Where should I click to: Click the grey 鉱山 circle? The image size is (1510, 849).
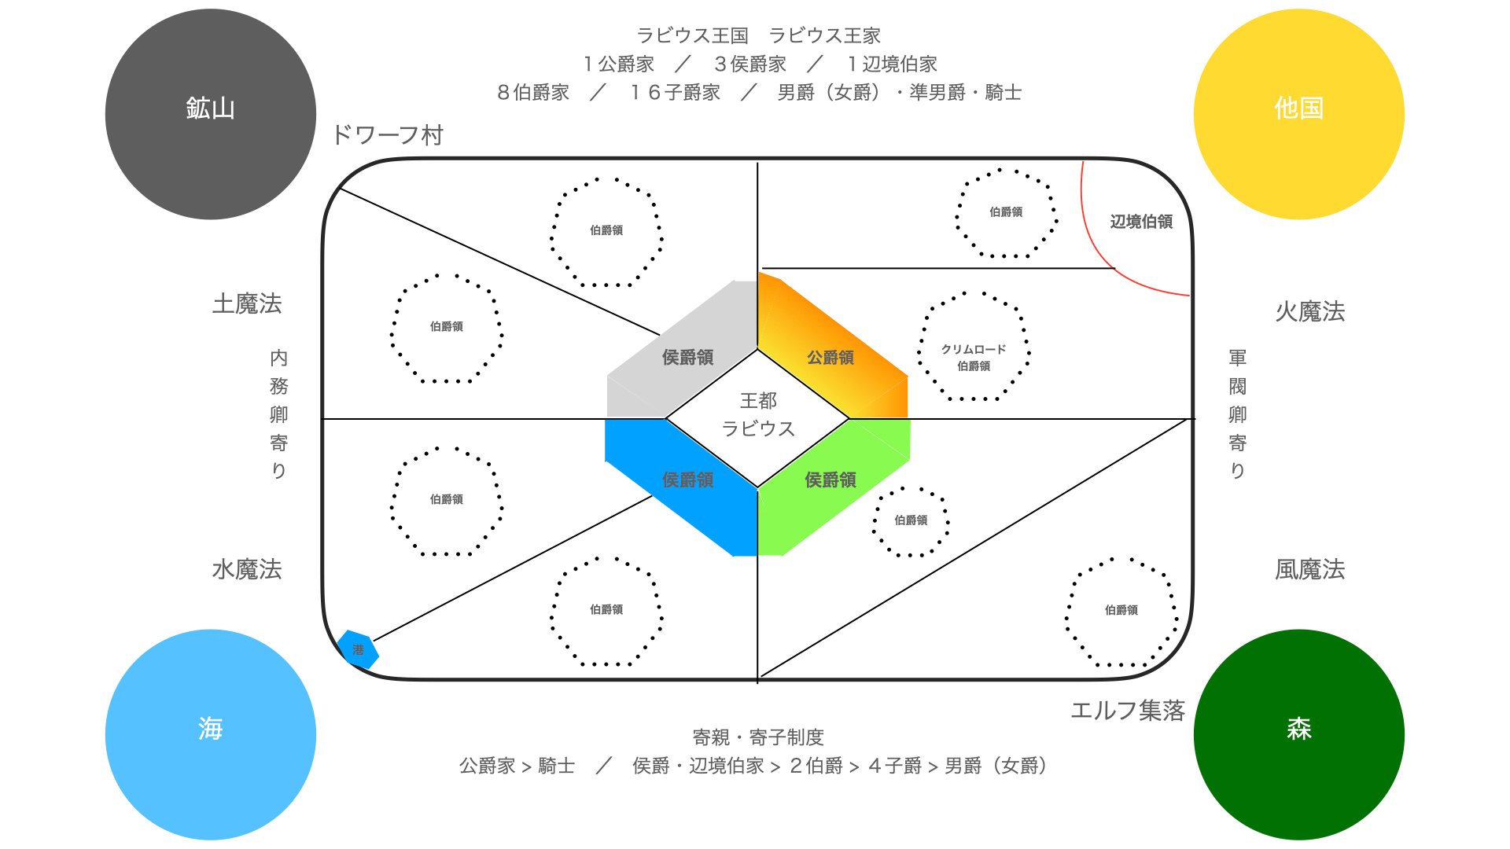point(210,114)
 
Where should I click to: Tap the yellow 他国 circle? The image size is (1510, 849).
point(1298,114)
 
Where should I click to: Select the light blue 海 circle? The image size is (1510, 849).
point(210,734)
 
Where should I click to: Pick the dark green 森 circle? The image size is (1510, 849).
point(1298,734)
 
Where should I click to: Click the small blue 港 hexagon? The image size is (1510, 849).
point(358,649)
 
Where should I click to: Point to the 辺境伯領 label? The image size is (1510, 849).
point(1141,222)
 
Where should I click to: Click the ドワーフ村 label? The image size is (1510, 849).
point(388,135)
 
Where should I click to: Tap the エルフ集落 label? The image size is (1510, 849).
point(1127,711)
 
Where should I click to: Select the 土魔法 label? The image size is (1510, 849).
point(247,303)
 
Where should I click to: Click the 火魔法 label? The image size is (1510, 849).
point(1309,311)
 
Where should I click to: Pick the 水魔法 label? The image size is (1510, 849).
point(247,569)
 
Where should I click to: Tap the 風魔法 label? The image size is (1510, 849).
point(1309,569)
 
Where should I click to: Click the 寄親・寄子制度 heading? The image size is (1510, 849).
point(757,737)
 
